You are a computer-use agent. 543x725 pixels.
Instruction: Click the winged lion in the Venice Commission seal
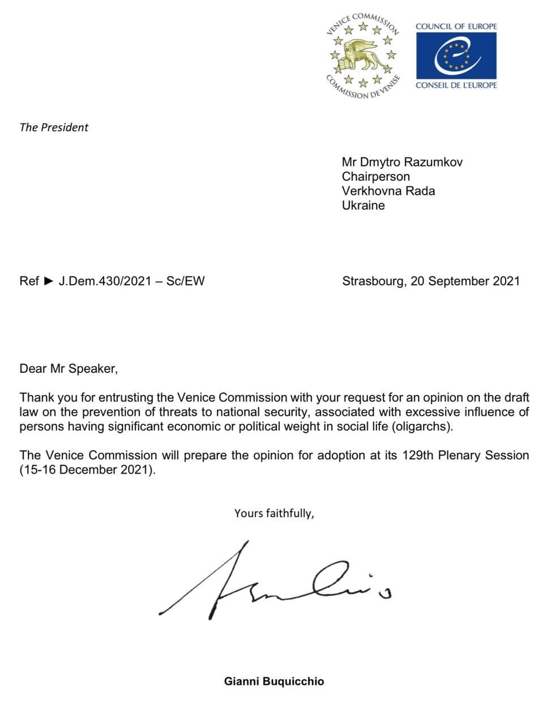(x=362, y=54)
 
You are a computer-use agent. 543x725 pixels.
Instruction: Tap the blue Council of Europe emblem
(x=456, y=56)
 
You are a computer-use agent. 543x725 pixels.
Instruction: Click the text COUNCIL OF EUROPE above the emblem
(x=456, y=26)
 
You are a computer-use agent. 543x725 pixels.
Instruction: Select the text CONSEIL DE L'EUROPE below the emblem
(x=456, y=85)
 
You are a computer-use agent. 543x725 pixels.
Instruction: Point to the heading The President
(x=54, y=127)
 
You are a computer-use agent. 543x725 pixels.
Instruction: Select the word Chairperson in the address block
(x=375, y=177)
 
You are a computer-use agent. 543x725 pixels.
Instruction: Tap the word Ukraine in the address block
(x=363, y=206)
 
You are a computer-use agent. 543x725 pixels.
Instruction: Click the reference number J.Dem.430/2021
(x=105, y=281)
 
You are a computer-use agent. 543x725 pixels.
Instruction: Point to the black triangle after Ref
(x=49, y=280)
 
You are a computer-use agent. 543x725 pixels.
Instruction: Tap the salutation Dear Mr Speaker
(x=69, y=369)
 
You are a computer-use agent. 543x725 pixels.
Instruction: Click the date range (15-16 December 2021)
(x=87, y=470)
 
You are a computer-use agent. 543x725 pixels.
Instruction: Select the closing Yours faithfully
(x=274, y=514)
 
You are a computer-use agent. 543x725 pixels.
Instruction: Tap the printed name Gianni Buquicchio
(x=274, y=681)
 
